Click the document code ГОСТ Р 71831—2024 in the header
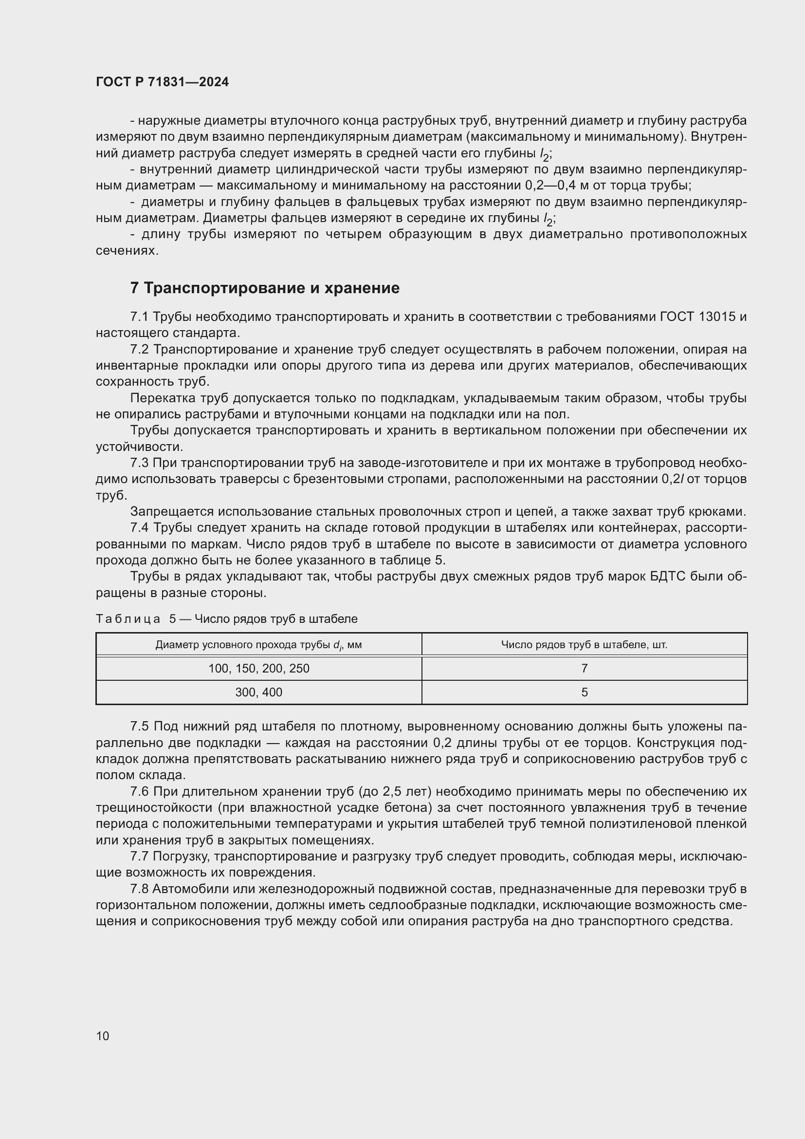pos(162,82)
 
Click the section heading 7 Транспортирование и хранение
pos(265,288)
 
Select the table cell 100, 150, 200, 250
pos(259,669)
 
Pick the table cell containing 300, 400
pos(259,692)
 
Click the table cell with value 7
pos(585,669)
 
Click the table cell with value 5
pos(585,692)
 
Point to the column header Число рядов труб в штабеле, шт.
pos(584,645)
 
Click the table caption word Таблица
pos(128,619)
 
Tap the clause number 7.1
pos(139,317)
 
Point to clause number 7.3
pos(139,463)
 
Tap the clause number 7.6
pos(140,792)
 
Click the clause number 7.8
pos(140,889)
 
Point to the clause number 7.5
pos(140,727)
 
